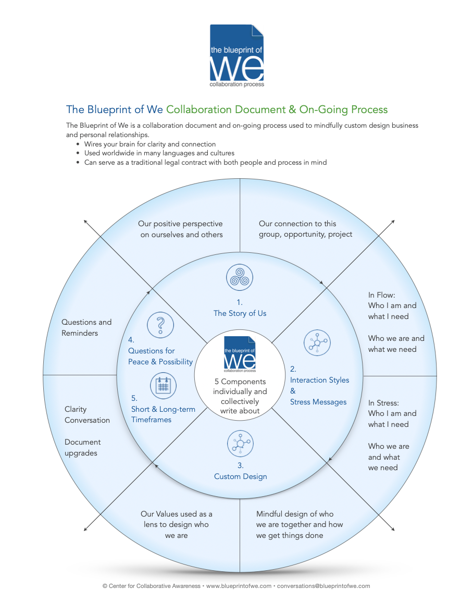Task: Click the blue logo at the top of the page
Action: point(236,56)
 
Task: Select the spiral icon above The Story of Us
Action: point(240,276)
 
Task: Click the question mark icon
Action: point(160,324)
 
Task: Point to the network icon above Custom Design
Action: point(240,444)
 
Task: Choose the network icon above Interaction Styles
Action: point(317,342)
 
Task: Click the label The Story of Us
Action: point(240,313)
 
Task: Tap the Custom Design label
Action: point(240,476)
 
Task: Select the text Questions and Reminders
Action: point(86,328)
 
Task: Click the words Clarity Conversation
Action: point(87,415)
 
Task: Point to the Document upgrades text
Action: point(82,448)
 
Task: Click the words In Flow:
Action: point(381,295)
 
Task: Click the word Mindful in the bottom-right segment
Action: point(271,514)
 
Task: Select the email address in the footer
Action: point(323,586)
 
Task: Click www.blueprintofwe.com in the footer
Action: point(239,586)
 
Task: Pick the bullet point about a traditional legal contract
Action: point(205,162)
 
